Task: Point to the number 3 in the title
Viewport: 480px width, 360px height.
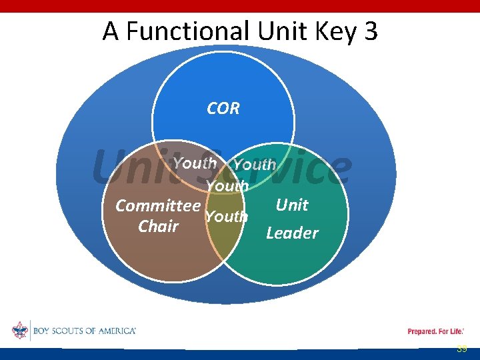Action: tap(371, 31)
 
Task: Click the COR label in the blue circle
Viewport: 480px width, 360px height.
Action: tap(223, 109)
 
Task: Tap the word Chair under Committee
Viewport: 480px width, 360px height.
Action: tap(158, 227)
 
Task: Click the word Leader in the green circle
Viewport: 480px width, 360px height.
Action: tap(292, 233)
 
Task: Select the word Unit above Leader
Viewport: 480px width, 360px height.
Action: tap(292, 205)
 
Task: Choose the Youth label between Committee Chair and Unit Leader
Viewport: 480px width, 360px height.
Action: tap(226, 217)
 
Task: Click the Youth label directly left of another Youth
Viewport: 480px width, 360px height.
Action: tap(194, 163)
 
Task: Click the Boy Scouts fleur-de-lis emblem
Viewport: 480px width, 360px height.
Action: tap(19, 331)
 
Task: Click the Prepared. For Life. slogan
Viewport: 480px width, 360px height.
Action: tap(435, 331)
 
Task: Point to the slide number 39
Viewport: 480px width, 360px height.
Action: tap(461, 349)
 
